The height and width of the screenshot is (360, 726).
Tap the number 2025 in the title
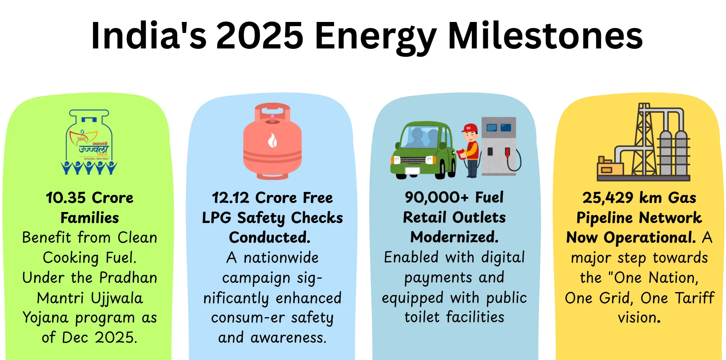(259, 36)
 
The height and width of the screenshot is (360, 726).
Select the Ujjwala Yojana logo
(89, 142)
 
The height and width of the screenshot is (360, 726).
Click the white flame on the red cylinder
(272, 140)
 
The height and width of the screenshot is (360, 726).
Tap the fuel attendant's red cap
(470, 128)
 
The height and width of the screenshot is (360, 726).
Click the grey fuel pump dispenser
(499, 146)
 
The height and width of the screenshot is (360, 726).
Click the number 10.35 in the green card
(66, 198)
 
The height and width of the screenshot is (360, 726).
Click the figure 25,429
(607, 198)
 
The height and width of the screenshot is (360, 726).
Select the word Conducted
(270, 237)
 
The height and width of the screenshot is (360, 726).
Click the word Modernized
(454, 237)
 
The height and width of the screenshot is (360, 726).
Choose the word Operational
(649, 237)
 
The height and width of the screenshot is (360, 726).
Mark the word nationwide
(281, 258)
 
